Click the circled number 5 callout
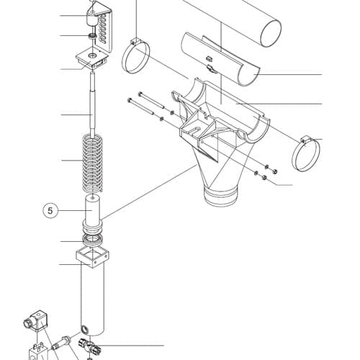(50, 211)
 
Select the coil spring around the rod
(92, 163)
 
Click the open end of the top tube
(271, 33)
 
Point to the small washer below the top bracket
(92, 37)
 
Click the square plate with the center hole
(92, 58)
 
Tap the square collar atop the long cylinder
(92, 258)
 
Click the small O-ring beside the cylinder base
(84, 329)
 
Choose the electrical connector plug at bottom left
(36, 321)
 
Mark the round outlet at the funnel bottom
(220, 196)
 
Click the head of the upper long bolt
(140, 94)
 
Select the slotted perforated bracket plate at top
(104, 30)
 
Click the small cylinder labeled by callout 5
(93, 211)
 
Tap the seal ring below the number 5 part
(93, 240)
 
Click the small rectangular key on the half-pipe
(209, 58)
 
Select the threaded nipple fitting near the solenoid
(61, 343)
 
